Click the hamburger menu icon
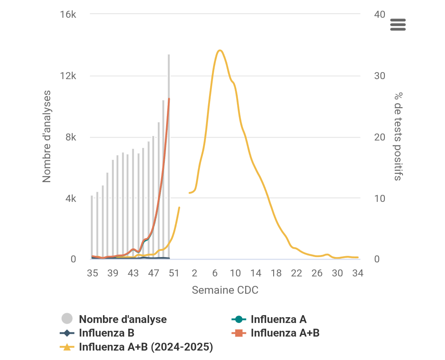(398, 25)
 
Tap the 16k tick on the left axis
(68, 15)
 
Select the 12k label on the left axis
(68, 76)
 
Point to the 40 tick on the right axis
(380, 15)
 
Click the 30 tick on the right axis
(379, 76)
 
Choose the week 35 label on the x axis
(92, 273)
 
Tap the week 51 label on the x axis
(174, 273)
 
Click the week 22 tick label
(297, 273)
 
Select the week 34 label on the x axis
(358, 273)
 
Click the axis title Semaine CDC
(225, 290)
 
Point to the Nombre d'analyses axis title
(47, 136)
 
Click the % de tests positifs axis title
(398, 136)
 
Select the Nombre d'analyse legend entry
(122, 319)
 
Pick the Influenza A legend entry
(278, 319)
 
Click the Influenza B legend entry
(106, 333)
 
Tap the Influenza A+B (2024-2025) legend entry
(146, 347)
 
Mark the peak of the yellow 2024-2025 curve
(220, 50)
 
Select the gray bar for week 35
(92, 227)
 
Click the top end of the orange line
(169, 99)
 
